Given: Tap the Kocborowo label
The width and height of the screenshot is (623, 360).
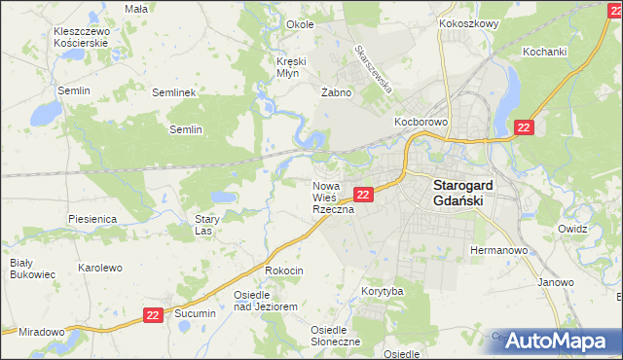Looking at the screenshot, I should pyautogui.click(x=420, y=123).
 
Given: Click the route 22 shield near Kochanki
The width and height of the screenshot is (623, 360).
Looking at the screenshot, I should pyautogui.click(x=524, y=127).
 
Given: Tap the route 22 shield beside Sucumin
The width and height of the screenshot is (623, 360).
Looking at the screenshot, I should pyautogui.click(x=153, y=314).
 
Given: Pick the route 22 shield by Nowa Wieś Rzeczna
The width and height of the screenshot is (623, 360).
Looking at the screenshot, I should pyautogui.click(x=362, y=195).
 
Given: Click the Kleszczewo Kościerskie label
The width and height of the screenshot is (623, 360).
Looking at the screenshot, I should pyautogui.click(x=83, y=38).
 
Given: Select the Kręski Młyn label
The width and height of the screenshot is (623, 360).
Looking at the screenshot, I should pyautogui.click(x=290, y=67).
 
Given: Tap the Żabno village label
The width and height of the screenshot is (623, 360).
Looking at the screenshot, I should pyautogui.click(x=335, y=92).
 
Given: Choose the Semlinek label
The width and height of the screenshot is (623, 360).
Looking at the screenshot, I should pyautogui.click(x=175, y=92).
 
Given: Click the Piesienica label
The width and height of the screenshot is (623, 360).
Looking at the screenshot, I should pyautogui.click(x=93, y=219).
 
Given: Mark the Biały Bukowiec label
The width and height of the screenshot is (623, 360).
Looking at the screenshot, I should pyautogui.click(x=21, y=269).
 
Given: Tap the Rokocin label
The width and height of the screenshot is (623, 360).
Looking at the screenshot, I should pyautogui.click(x=284, y=270).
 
